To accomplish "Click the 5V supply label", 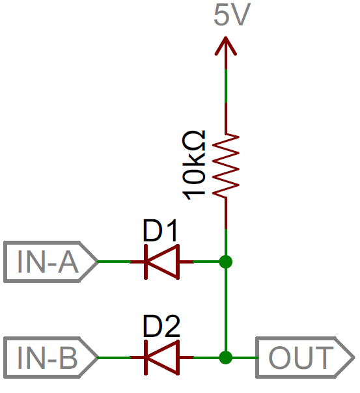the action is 232,14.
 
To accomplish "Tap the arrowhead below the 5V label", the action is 226,46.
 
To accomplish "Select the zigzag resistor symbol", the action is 226,165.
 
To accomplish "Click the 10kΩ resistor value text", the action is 194,165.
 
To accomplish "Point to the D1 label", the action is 160,230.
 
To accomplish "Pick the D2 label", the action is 161,327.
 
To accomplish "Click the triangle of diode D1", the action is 163,262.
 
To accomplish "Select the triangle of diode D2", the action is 163,358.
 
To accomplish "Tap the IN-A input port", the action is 50,262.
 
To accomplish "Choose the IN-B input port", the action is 50,358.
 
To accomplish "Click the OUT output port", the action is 305,358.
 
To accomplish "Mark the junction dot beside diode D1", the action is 226,262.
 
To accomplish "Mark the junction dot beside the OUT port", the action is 226,358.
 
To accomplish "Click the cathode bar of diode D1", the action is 146,262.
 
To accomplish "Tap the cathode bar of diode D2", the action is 146,358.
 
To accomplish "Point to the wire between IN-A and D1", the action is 114,262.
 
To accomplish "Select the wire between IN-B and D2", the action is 114,358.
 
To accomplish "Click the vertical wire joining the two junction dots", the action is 226,310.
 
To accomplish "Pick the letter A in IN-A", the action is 68,262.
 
